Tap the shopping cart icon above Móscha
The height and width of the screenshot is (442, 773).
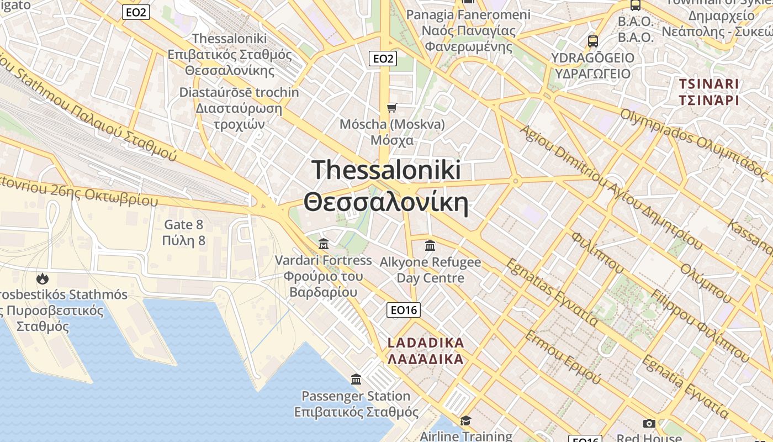click(x=392, y=108)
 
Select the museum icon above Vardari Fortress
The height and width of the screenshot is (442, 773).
click(x=324, y=244)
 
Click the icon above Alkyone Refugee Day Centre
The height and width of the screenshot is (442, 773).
click(x=430, y=245)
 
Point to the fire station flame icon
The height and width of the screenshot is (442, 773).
click(x=43, y=278)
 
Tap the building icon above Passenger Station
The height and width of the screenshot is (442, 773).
click(x=356, y=380)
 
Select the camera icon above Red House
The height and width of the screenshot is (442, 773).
click(x=649, y=423)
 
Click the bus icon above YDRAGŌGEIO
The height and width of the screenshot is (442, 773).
click(x=593, y=41)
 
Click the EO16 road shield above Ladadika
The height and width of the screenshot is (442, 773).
click(x=403, y=310)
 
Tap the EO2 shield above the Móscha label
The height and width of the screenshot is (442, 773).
click(x=383, y=59)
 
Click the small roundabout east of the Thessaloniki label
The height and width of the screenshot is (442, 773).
click(x=515, y=180)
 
